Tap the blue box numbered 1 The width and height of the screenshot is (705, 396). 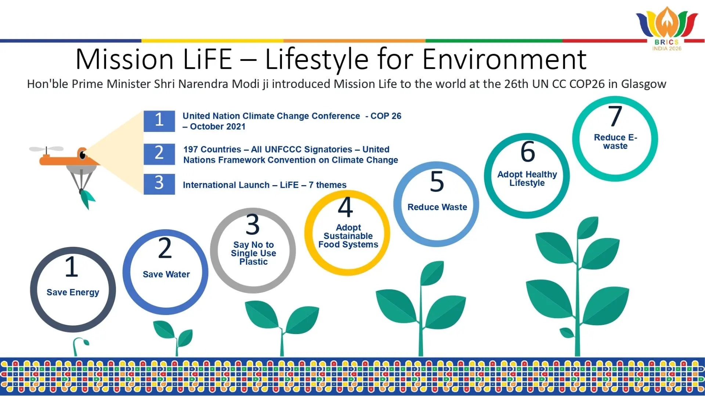[159, 121]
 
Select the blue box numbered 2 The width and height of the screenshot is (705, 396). [159, 154]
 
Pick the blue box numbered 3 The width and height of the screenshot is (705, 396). [159, 184]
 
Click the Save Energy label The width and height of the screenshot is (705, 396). [73, 293]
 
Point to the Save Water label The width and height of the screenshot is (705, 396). [166, 274]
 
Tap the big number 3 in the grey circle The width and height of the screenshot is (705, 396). [253, 224]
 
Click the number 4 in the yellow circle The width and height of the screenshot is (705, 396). [346, 207]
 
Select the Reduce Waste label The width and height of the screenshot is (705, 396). [437, 207]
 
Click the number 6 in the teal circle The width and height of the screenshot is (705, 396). [528, 151]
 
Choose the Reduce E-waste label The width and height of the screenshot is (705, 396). [615, 142]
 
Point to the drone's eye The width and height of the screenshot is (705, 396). [83, 155]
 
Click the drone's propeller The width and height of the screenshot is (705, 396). [46, 149]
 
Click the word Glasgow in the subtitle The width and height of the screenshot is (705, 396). [644, 84]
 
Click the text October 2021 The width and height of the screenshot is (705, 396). [218, 127]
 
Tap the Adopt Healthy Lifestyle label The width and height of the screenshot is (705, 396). [527, 179]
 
